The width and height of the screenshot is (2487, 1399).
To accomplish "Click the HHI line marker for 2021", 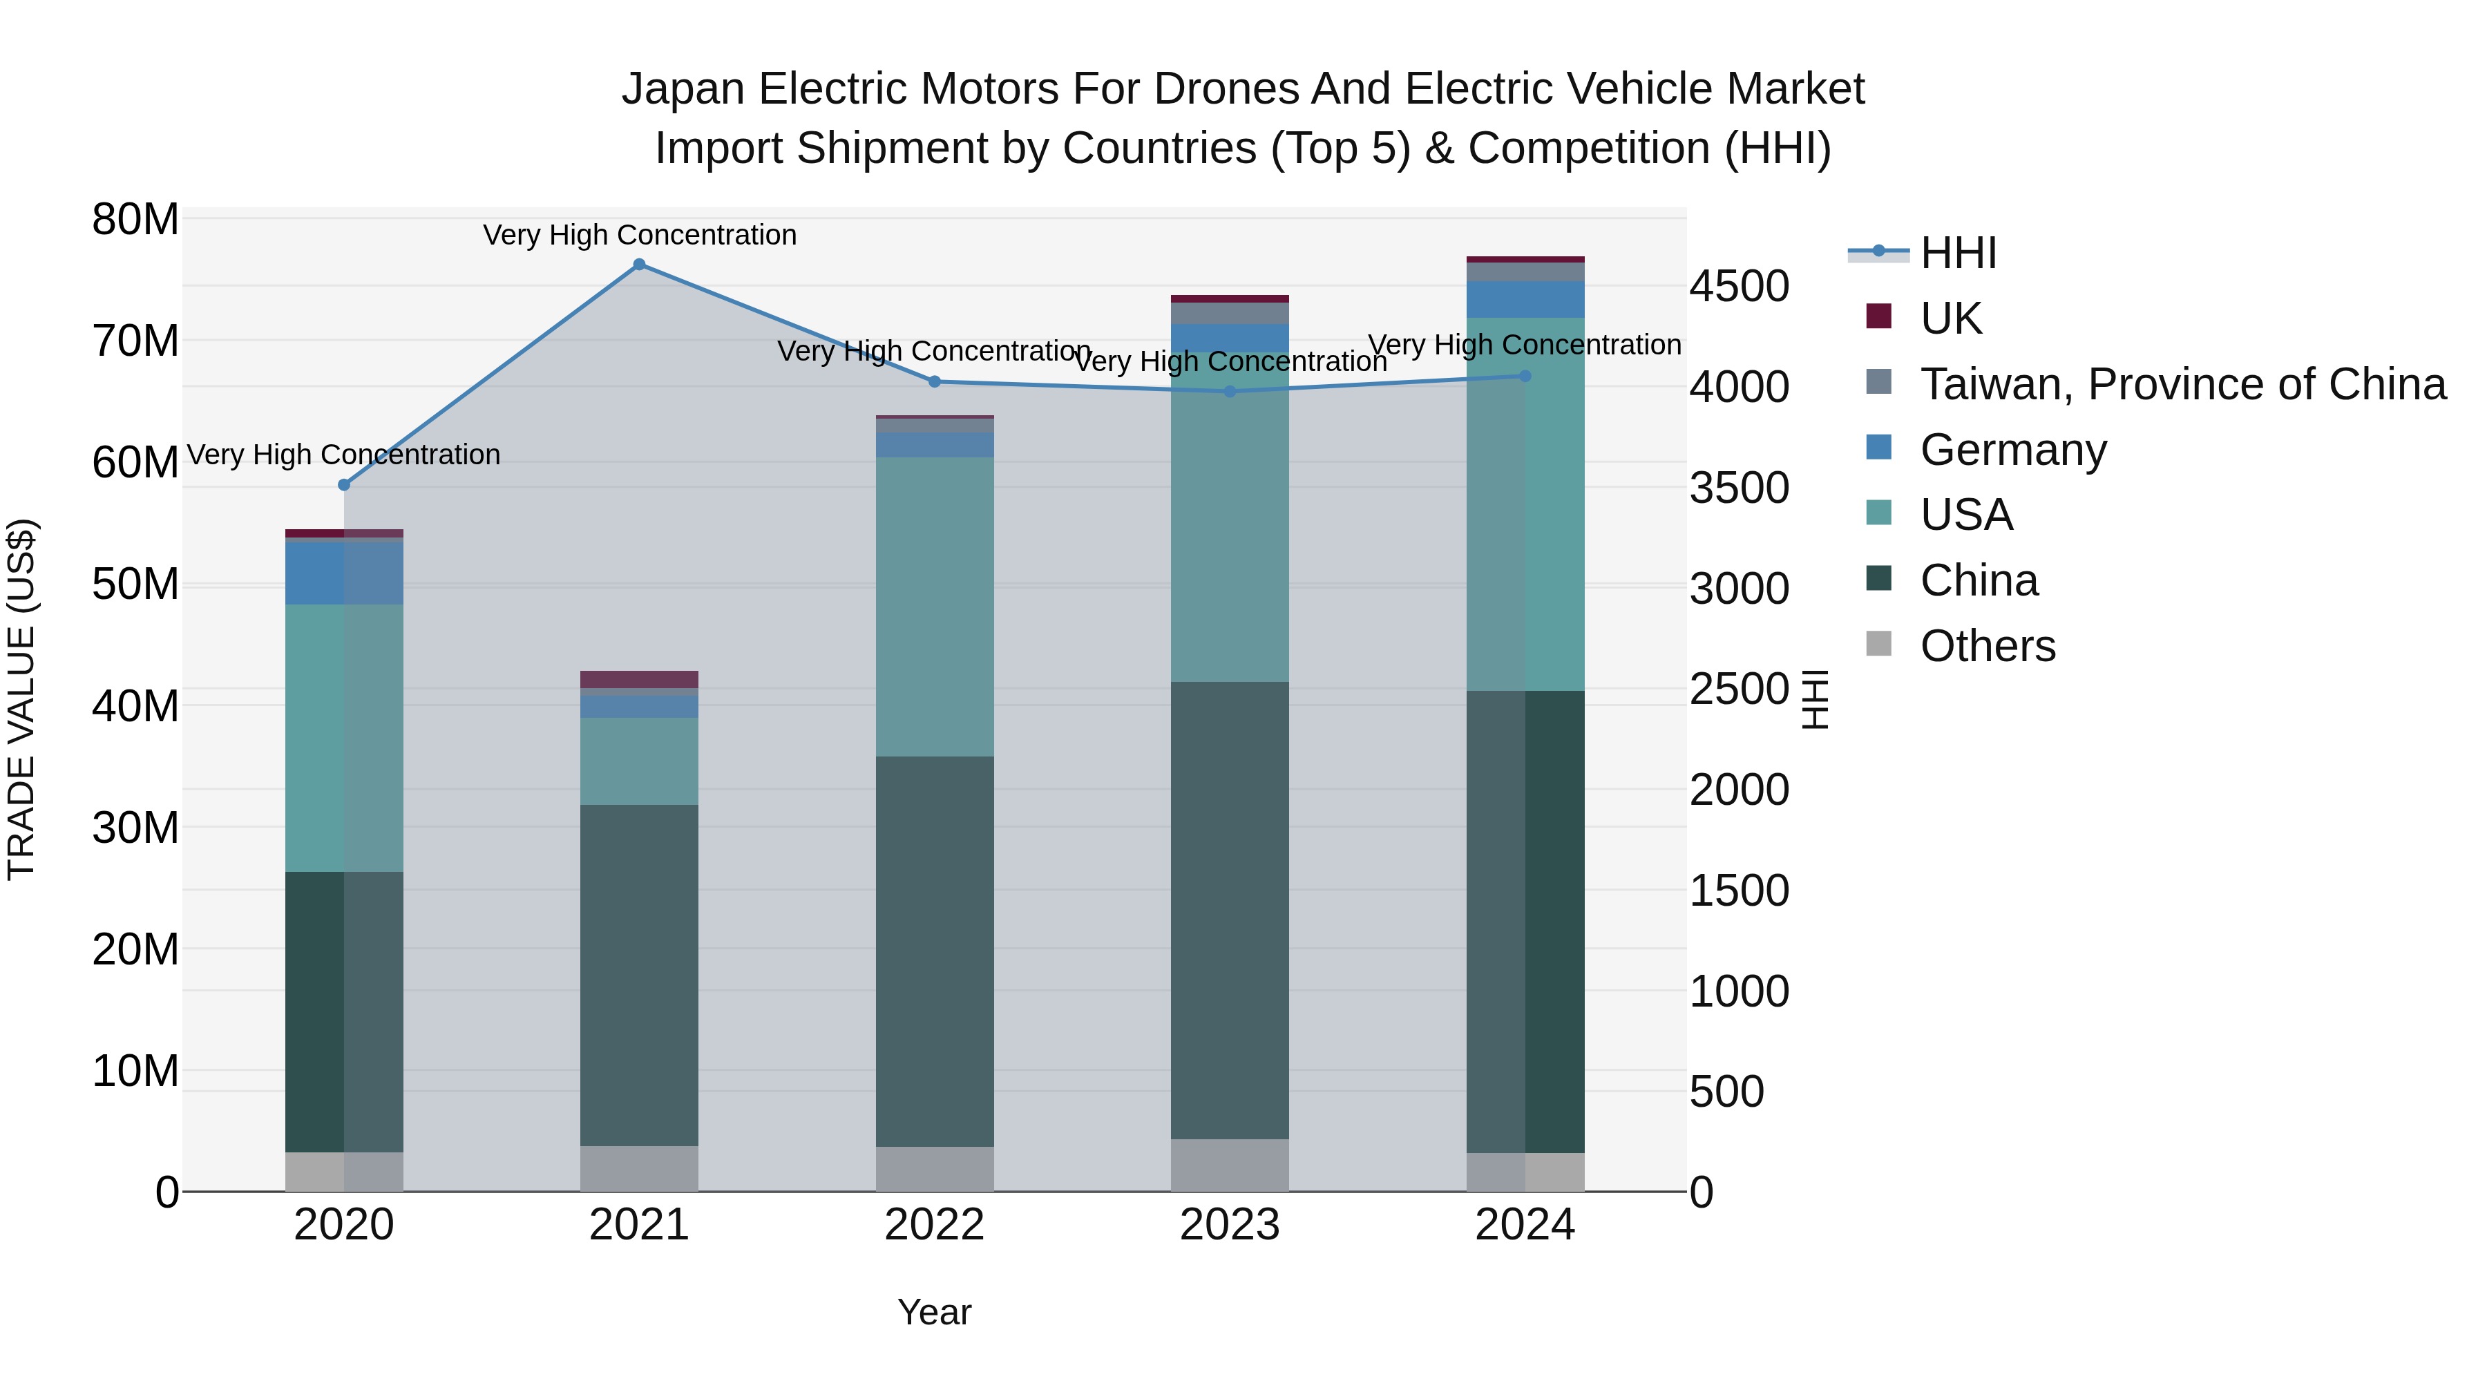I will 639,265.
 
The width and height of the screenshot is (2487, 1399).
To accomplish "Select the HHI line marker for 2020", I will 344,485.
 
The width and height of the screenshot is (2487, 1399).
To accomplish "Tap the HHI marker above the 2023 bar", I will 1230,392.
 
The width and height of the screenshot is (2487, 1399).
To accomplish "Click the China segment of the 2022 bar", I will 935,951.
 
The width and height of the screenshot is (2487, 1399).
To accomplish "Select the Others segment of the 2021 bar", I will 639,1168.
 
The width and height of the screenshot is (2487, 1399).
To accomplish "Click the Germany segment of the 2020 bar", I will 344,573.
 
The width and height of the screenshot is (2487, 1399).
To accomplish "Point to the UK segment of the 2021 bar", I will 639,678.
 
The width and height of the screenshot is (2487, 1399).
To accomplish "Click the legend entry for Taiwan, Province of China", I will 2182,384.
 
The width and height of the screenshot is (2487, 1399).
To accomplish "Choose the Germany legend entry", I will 2013,450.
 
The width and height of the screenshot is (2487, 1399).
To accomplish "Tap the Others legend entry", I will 1987,646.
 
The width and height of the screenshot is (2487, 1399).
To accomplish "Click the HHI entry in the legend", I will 1958,253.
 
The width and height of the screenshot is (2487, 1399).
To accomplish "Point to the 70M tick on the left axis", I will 135,341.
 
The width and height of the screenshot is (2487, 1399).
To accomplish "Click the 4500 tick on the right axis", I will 1739,286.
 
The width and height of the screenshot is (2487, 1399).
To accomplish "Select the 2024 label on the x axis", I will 1525,1225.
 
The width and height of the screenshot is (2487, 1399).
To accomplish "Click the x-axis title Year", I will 933,1312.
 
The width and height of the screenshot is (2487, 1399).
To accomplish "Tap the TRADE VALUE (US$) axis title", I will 21,699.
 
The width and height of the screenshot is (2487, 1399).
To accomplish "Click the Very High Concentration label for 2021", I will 639,235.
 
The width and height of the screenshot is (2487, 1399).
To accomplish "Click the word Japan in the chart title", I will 683,89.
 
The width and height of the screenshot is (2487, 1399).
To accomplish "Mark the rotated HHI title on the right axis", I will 1815,699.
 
